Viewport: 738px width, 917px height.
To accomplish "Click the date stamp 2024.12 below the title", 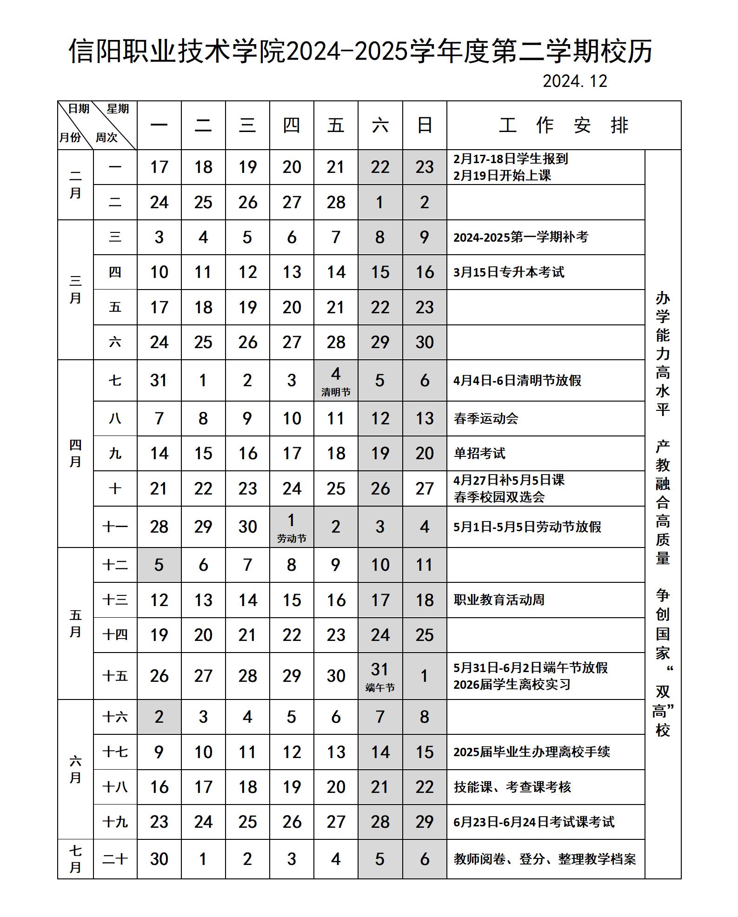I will point(575,81).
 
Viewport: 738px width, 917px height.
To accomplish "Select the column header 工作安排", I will point(564,125).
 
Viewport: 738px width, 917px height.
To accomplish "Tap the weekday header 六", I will point(380,125).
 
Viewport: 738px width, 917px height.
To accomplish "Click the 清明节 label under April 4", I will point(336,392).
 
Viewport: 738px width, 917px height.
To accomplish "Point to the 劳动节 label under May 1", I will point(292,539).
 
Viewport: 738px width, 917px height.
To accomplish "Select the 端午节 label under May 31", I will point(380,688).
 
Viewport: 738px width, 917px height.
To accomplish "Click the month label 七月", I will point(75,859).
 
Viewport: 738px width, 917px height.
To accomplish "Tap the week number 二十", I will point(115,859).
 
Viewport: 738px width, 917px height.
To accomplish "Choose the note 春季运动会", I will point(486,418).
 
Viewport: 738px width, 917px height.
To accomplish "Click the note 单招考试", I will point(479,453).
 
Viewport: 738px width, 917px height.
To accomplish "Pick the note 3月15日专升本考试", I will point(509,272).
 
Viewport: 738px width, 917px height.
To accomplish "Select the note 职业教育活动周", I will point(499,600).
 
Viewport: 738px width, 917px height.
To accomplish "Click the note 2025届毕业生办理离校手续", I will point(532,752).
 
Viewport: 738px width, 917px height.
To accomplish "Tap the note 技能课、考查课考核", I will point(512,787).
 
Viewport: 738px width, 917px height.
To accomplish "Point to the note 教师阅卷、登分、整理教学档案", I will point(545,859).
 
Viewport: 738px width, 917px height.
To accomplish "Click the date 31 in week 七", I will point(159,380).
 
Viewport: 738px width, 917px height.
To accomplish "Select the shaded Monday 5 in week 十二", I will point(159,565).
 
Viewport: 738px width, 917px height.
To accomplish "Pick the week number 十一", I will point(115,527).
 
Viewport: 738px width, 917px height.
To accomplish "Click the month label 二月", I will point(75,185).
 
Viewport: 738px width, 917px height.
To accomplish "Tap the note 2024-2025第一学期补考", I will point(521,237).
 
